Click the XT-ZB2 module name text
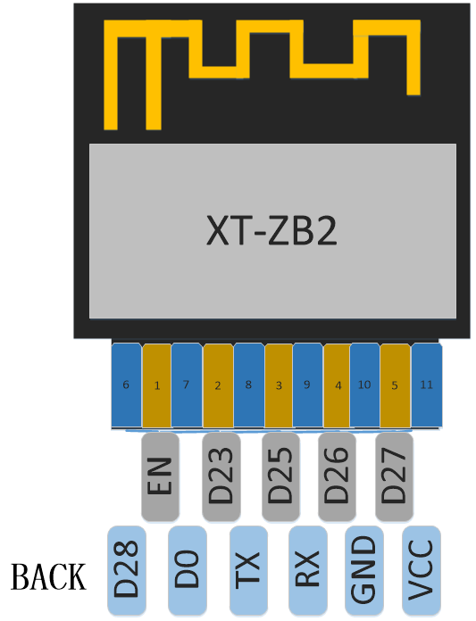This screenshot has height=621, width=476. pos(271,232)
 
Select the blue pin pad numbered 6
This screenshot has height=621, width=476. pos(127,385)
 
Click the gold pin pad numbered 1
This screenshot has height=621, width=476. pos(157,385)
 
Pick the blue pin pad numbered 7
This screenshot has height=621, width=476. pos(187,385)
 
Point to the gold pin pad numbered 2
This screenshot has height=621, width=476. pos(218,385)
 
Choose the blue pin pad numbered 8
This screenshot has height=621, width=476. pos(249,385)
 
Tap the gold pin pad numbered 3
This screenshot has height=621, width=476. pos(279,385)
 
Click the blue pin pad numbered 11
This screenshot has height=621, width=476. pos(427,385)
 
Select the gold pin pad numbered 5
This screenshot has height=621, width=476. pos(395,385)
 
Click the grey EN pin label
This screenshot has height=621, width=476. pos(160,476)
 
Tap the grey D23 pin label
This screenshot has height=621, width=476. pos(221,476)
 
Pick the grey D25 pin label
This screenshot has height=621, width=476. pos(280,476)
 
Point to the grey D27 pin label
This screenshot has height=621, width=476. pos(395,476)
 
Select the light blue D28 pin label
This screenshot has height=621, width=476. pos(127,570)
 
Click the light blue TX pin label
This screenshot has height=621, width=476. pos(248,570)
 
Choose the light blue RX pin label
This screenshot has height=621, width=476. pos(308,570)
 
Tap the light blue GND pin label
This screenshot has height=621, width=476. pos(364,570)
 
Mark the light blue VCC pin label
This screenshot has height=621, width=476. pos(422,570)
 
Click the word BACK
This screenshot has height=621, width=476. pos(48,577)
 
